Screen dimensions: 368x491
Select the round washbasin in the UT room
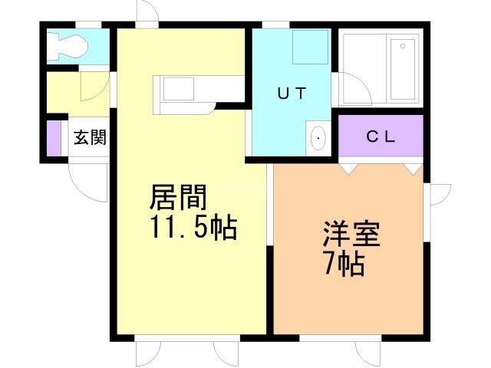[318, 139]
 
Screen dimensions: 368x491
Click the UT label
[292, 94]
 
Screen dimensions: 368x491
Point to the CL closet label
[380, 137]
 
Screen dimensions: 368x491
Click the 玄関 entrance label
[90, 138]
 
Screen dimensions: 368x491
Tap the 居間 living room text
[178, 199]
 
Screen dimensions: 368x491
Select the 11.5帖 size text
[192, 228]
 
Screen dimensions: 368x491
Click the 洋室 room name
[351, 234]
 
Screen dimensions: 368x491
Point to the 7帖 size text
[343, 264]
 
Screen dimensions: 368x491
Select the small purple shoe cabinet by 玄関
[53, 138]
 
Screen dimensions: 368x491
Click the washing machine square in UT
[311, 47]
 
